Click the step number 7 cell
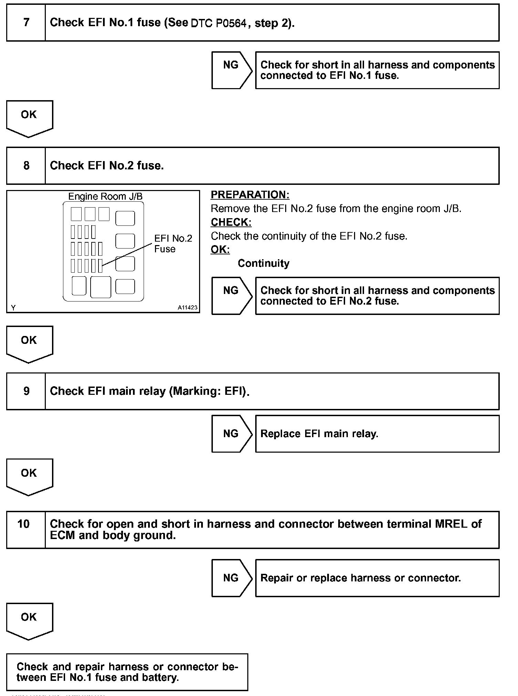(x=26, y=23)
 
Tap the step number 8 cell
(x=26, y=166)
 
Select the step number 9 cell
(x=26, y=391)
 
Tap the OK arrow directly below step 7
(x=29, y=118)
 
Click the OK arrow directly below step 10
(x=29, y=621)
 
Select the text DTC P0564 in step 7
(x=218, y=23)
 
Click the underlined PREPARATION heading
(x=250, y=195)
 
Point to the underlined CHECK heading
(x=231, y=222)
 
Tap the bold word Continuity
(x=263, y=263)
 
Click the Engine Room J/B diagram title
(x=105, y=196)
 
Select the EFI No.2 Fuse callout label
(x=173, y=244)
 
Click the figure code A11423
(x=188, y=308)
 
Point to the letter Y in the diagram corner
(x=13, y=308)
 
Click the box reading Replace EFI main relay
(x=377, y=434)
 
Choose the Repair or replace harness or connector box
(x=377, y=578)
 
